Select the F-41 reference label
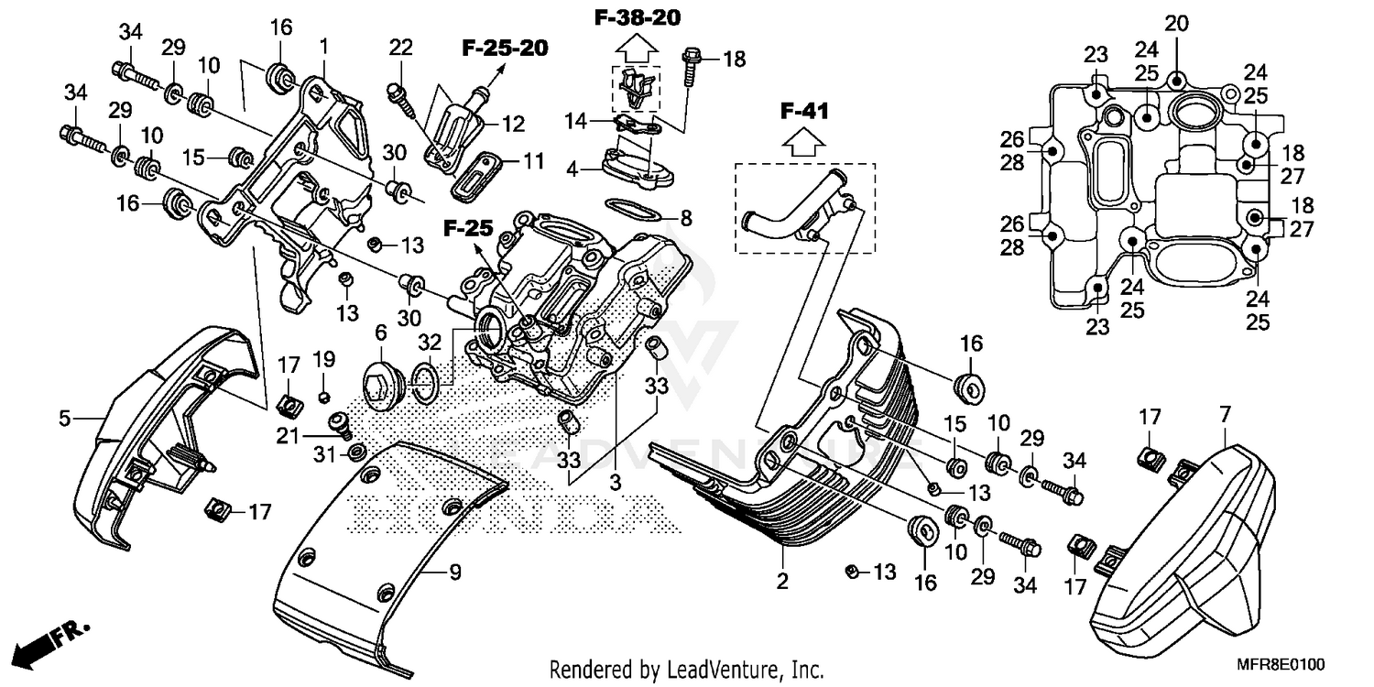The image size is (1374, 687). coord(804,112)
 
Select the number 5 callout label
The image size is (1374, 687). coord(64,420)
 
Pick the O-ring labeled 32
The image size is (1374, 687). coord(426,381)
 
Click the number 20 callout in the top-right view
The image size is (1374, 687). coord(1176,23)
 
